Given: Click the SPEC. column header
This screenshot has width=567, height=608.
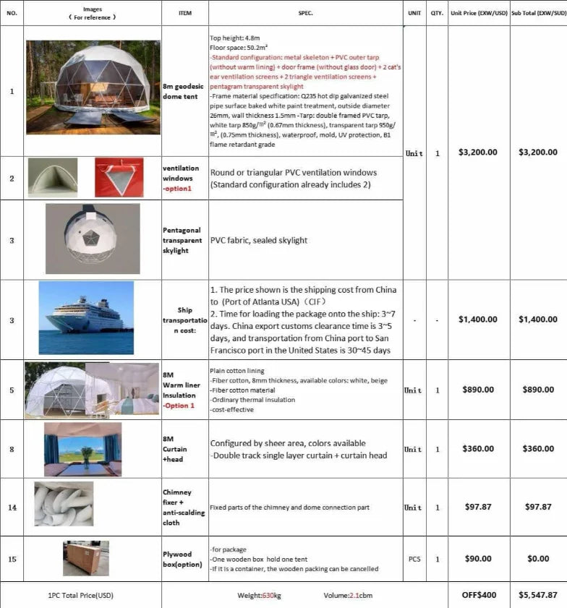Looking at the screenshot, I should click(x=305, y=13).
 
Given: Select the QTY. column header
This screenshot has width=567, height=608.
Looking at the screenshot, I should click(x=437, y=13).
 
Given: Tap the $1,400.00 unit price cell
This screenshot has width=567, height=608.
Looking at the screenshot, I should click(x=478, y=319).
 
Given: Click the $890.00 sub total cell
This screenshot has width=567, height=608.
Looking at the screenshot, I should click(x=538, y=390).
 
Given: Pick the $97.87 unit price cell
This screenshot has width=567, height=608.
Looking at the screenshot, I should click(x=478, y=507).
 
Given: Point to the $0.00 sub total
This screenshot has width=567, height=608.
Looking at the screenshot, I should click(x=538, y=559).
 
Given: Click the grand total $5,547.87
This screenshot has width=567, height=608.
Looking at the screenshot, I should click(x=538, y=595).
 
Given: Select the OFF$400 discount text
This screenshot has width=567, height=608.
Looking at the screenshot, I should click(x=479, y=595).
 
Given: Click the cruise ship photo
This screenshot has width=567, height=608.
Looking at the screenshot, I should click(x=86, y=317).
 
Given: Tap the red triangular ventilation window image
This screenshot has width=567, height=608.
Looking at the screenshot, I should click(x=119, y=178).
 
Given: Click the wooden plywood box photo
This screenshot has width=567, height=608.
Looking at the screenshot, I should click(x=85, y=558).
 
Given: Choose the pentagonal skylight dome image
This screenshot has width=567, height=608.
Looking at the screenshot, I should click(x=93, y=239).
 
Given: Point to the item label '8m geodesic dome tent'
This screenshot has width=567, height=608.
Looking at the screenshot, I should click(x=180, y=92).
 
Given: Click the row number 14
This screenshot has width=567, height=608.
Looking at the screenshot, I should click(x=12, y=507).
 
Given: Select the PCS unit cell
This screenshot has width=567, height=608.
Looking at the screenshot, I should click(x=414, y=559).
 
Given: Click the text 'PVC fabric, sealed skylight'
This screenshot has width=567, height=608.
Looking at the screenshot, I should click(x=258, y=240).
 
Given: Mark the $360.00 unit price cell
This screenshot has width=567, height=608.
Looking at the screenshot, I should click(x=478, y=449).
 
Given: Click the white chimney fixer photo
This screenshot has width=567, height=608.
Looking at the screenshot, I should click(x=64, y=504).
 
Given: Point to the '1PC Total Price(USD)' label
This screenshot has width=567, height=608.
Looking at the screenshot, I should click(x=81, y=595).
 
